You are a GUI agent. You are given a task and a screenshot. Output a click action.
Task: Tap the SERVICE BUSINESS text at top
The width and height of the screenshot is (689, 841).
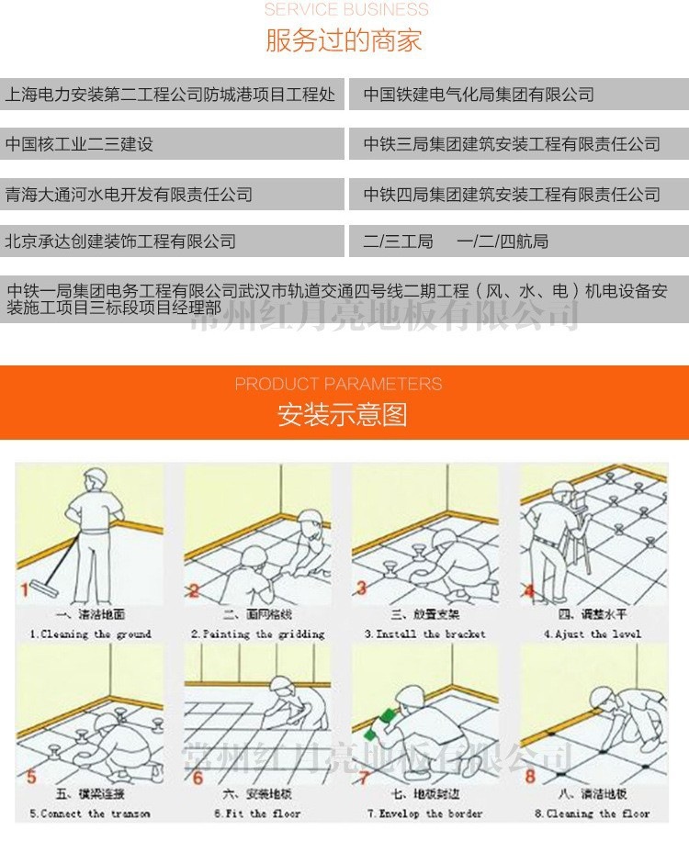click(346, 10)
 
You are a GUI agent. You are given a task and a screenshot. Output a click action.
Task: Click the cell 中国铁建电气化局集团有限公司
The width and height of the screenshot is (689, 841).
click(479, 95)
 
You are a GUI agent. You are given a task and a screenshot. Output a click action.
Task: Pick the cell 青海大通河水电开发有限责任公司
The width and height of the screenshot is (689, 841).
click(129, 194)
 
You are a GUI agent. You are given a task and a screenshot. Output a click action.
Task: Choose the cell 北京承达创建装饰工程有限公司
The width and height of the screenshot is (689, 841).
click(120, 241)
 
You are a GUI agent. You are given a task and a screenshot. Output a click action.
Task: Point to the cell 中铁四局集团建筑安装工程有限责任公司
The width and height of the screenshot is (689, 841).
click(512, 194)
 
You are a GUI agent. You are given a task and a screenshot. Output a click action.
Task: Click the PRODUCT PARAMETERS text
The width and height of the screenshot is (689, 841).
click(338, 384)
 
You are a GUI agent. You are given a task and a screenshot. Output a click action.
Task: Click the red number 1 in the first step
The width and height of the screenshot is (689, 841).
click(25, 589)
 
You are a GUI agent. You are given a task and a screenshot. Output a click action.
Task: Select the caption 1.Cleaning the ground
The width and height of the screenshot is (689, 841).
click(90, 634)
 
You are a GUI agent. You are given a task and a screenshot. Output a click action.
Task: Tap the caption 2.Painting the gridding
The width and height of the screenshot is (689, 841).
click(257, 634)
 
